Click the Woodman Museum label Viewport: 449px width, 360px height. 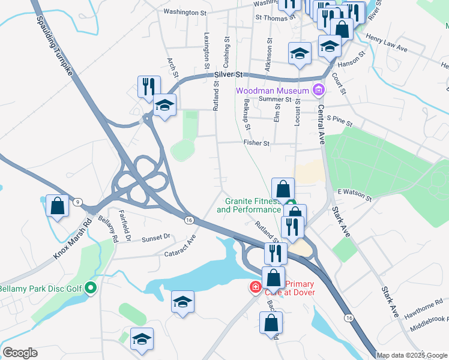[272, 91]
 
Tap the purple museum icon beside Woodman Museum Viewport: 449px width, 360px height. [318, 91]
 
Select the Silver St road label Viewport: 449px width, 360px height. [228, 75]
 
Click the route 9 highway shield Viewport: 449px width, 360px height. [78, 202]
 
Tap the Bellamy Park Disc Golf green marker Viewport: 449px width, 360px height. [91, 289]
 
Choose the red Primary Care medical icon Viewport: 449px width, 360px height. [255, 287]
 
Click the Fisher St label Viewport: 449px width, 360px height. [256, 143]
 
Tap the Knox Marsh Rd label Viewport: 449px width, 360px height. [72, 239]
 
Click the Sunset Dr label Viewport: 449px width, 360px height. [156, 238]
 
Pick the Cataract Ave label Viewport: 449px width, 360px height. [180, 245]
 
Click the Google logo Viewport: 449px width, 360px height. [20, 353]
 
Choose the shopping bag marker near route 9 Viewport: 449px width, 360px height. [58, 206]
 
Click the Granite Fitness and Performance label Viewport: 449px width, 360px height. [249, 206]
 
